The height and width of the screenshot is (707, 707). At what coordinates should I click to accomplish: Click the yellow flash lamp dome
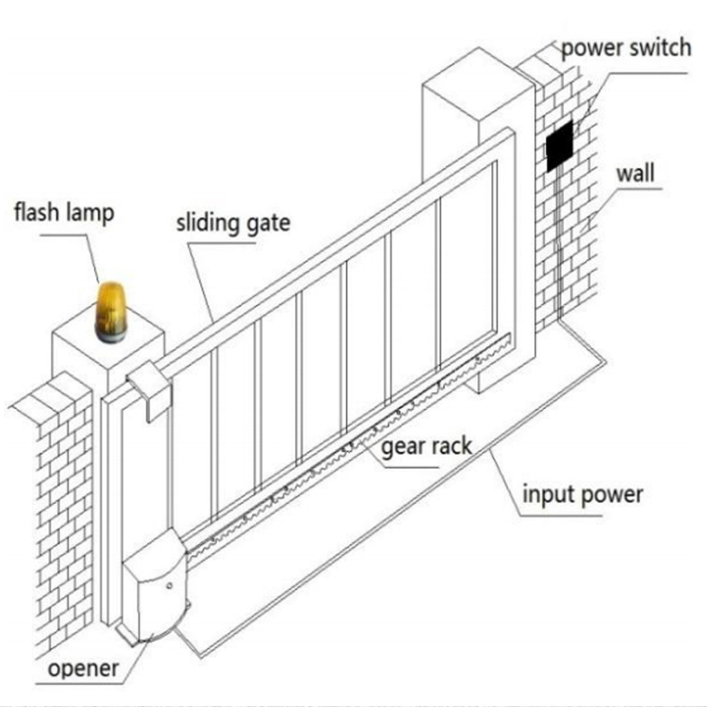coord(111,303)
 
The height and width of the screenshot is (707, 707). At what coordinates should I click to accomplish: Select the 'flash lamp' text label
coord(64,213)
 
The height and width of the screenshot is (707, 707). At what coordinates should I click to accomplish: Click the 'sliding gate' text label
coord(233,224)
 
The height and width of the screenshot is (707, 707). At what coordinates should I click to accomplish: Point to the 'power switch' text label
coord(626,48)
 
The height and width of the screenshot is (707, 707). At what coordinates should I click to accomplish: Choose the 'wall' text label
coord(635,173)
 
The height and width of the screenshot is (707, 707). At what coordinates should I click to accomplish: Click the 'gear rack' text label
coord(427,446)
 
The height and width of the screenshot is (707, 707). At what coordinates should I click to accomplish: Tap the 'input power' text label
coord(582,494)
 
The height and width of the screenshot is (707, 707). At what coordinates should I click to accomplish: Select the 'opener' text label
coord(84,668)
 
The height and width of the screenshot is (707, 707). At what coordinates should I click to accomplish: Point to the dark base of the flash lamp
coord(110,336)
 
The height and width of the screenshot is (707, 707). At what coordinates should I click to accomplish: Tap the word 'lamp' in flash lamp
coord(88,213)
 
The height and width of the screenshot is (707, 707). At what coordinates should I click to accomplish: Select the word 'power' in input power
coord(611,494)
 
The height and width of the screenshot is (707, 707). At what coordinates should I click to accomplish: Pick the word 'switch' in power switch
coord(661,48)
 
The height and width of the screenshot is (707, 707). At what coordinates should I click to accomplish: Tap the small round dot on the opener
coord(169,586)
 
